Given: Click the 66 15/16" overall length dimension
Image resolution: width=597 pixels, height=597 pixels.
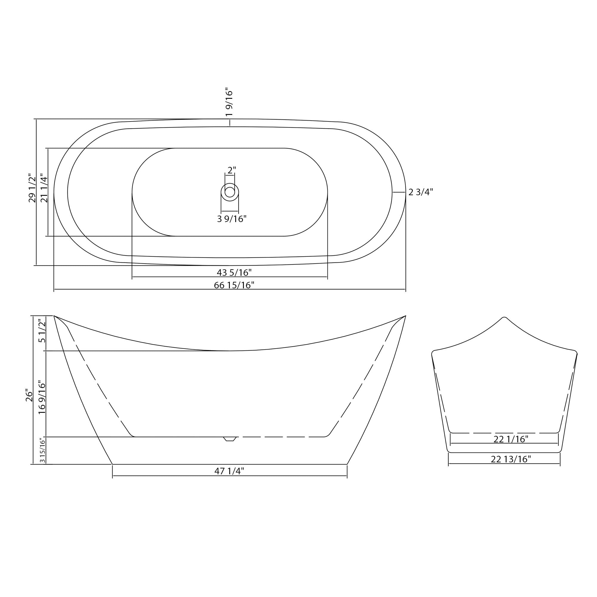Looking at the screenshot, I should point(234,285).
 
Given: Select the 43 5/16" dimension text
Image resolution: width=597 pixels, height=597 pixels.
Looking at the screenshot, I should point(234,273).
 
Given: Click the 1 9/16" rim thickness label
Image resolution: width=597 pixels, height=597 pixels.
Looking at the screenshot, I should point(229,102).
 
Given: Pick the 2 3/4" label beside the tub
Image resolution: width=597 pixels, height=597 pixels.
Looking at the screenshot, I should point(421,192).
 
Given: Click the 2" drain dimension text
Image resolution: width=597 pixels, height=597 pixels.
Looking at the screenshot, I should point(232,170).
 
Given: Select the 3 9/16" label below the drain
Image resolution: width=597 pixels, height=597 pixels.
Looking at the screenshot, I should point(232,219).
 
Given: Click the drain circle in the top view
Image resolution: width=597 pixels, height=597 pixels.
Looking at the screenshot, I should point(230,192).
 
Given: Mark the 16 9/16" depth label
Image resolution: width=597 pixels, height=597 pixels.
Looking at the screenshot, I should point(42,398).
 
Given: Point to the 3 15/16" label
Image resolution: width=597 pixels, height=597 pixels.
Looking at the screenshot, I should point(43,450).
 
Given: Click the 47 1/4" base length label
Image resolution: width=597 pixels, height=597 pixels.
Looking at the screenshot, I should point(229,471).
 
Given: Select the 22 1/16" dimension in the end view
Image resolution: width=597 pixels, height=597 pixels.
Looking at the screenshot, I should point(511,439).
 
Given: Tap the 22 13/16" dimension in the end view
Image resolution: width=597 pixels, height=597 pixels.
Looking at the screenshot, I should point(511,459).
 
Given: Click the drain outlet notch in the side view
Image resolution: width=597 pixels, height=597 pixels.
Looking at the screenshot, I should point(230,439).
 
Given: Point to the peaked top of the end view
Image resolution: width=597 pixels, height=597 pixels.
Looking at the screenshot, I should point(504,318).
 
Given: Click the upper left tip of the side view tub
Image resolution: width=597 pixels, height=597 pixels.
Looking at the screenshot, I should point(54,316).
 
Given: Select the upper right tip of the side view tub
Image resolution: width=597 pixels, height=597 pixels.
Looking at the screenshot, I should point(405,316).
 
